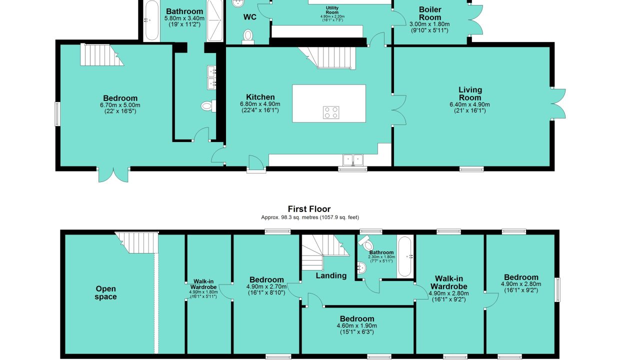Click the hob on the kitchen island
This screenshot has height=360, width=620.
pyautogui.click(x=331, y=112)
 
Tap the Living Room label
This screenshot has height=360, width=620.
pyautogui.click(x=470, y=93)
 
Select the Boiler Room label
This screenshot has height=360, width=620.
pyautogui.click(x=430, y=13)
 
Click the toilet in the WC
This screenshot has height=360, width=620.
pyautogui.click(x=248, y=37)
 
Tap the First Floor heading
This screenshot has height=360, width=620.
pyautogui.click(x=309, y=209)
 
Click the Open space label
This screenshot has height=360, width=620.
pyautogui.click(x=105, y=293)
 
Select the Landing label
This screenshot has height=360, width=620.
pyautogui.click(x=331, y=275)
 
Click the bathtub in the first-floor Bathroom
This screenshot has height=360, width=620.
pyautogui.click(x=405, y=256)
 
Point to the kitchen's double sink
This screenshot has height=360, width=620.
pyautogui.click(x=353, y=160)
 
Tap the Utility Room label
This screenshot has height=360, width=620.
pyautogui.click(x=332, y=10)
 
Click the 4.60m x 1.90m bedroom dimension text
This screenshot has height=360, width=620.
pyautogui.click(x=357, y=325)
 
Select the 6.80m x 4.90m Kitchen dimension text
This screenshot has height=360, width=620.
pyautogui.click(x=260, y=104)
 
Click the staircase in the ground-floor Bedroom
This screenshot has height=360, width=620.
pyautogui.click(x=102, y=54)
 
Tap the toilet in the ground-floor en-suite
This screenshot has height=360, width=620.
pyautogui.click(x=208, y=106)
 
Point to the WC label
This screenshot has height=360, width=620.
pyautogui.click(x=249, y=17)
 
